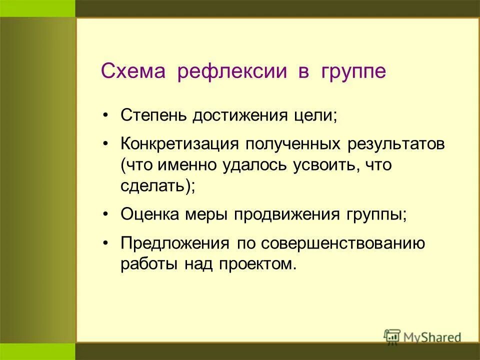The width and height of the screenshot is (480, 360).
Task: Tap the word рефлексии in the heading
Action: coord(232,71)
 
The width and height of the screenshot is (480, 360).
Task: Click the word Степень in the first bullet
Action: coord(153,116)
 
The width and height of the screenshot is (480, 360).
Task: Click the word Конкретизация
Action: coord(178,144)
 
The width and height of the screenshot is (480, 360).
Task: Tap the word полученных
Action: coord(290,145)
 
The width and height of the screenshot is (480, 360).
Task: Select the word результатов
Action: coord(393,145)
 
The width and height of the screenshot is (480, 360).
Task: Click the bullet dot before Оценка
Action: coord(105,215)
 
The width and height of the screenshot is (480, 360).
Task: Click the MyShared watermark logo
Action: coord(422,337)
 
